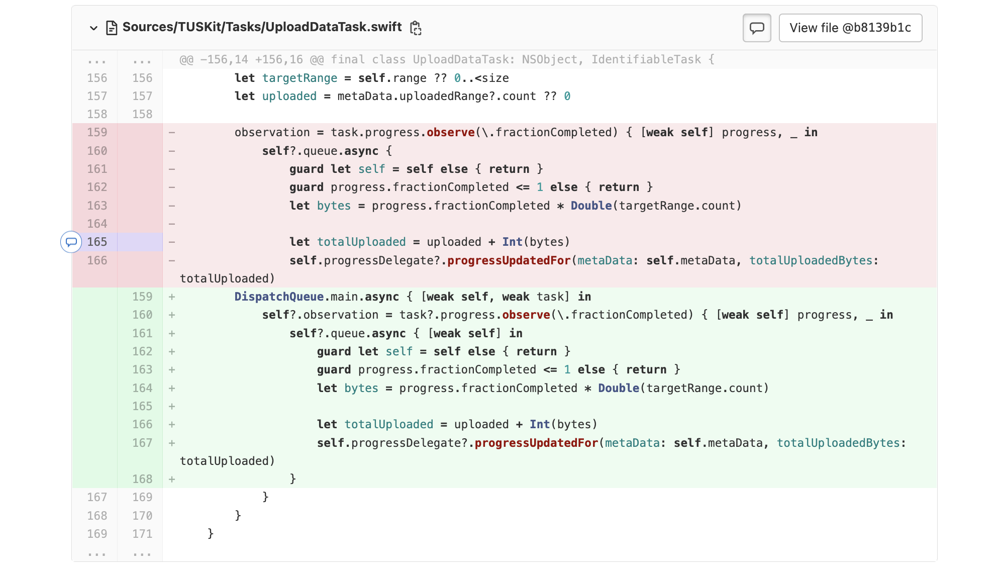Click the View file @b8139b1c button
pyautogui.click(x=850, y=28)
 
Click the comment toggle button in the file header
pyautogui.click(x=756, y=28)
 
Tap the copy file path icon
pyautogui.click(x=416, y=28)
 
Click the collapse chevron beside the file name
pyautogui.click(x=93, y=28)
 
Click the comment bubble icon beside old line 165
pyautogui.click(x=71, y=242)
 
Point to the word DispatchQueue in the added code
pyautogui.click(x=279, y=297)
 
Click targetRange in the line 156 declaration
pyautogui.click(x=299, y=78)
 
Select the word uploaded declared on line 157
pyautogui.click(x=289, y=96)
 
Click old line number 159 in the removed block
pyautogui.click(x=97, y=132)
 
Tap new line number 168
pyautogui.click(x=142, y=479)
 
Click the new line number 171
pyautogui.click(x=142, y=534)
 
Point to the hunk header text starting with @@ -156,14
pyautogui.click(x=447, y=59)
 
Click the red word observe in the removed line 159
pyautogui.click(x=450, y=132)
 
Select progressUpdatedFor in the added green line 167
pyautogui.click(x=536, y=443)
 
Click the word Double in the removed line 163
pyautogui.click(x=591, y=206)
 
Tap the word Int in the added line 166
pyautogui.click(x=540, y=424)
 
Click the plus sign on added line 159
pyautogui.click(x=172, y=297)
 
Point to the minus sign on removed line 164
pyautogui.click(x=172, y=224)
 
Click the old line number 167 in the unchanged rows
pyautogui.click(x=97, y=497)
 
